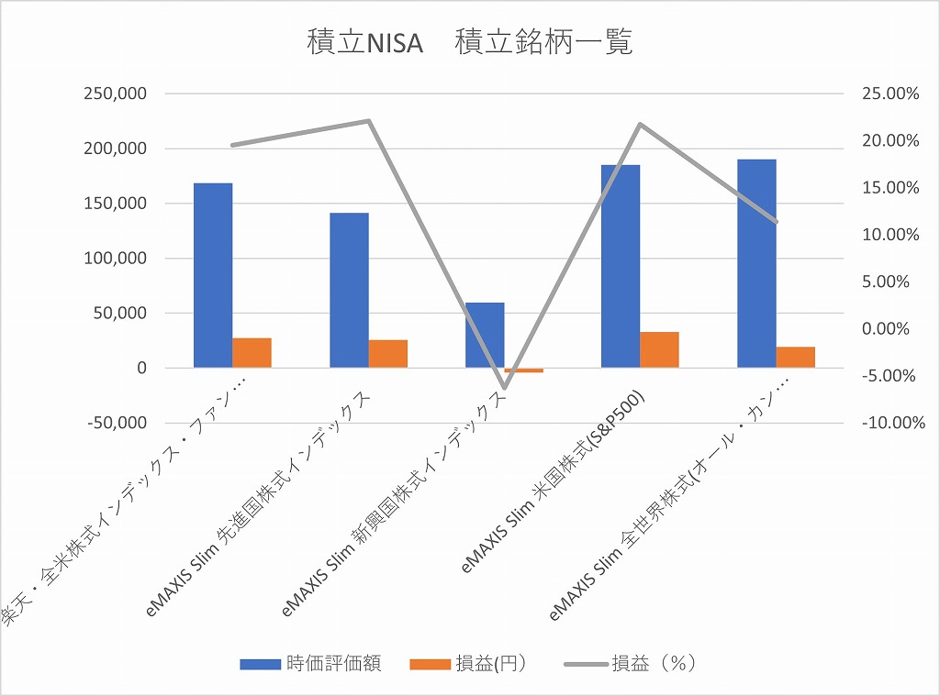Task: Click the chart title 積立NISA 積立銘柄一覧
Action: [x=469, y=43]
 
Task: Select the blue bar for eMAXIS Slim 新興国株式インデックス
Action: [x=485, y=335]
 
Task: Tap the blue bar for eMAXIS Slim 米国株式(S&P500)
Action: [x=621, y=266]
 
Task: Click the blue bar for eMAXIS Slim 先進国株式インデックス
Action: [x=349, y=290]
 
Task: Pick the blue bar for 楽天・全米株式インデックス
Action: [x=213, y=275]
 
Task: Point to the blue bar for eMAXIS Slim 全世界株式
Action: [x=756, y=263]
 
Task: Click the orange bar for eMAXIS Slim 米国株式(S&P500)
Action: [x=659, y=349]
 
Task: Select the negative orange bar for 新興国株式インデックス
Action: [x=523, y=370]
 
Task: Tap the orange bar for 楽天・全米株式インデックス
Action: [x=252, y=352]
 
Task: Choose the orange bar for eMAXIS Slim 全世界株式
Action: [x=795, y=357]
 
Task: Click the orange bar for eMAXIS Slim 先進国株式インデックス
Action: [x=387, y=353]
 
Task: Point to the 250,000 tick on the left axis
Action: [x=115, y=94]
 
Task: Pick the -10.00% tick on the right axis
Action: [x=883, y=423]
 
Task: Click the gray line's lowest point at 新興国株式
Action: [x=504, y=387]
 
